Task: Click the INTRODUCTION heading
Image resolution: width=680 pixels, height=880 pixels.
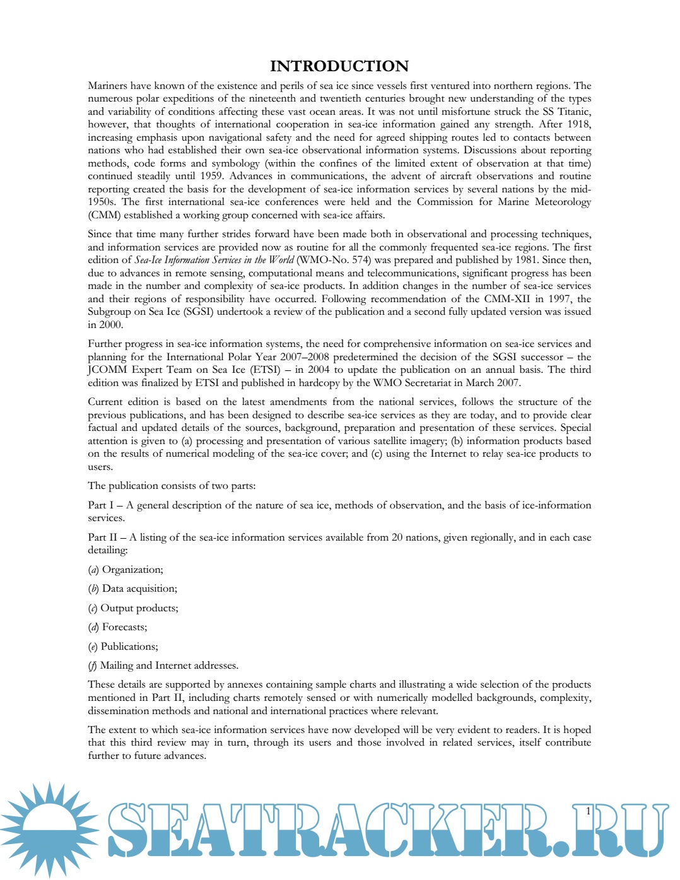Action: (339, 66)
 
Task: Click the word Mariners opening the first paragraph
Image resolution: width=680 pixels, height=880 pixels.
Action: (107, 86)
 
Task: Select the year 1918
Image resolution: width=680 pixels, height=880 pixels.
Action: (578, 124)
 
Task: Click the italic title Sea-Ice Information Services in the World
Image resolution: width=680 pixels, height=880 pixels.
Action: (214, 260)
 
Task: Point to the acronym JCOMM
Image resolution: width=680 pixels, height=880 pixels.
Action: (107, 370)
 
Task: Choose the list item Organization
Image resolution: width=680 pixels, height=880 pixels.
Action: (132, 570)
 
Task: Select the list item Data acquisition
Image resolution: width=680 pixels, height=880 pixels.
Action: (139, 589)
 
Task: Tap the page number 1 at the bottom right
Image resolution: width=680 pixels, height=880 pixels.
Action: (588, 811)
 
